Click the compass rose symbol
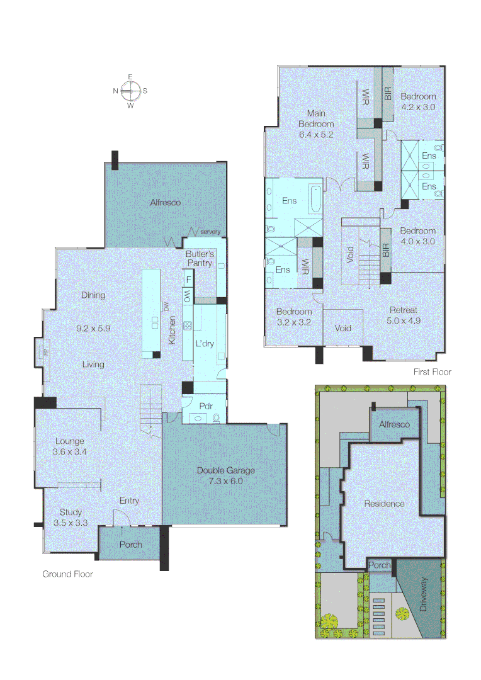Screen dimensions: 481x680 point(130,91)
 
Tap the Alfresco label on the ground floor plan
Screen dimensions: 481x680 point(165,203)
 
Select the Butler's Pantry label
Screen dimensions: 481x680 point(200,259)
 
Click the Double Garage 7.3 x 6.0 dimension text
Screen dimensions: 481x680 point(225,481)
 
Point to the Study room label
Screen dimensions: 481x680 point(71,512)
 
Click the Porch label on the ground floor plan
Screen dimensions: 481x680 point(130,544)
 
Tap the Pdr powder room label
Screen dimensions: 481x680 point(206,406)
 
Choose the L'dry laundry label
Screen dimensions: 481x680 point(205,344)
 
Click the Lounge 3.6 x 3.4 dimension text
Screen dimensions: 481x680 point(69,451)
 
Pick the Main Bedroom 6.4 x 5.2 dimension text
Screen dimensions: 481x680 point(316,135)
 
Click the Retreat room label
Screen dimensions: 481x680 point(404,310)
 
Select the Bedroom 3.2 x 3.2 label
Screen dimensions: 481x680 point(294,317)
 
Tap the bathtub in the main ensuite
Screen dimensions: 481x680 point(315,199)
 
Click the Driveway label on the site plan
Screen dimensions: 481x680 point(423,594)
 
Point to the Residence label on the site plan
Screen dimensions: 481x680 point(384,504)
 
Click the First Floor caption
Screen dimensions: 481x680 point(432,371)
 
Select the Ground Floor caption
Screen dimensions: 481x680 point(67,574)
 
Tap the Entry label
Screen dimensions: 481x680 point(129,501)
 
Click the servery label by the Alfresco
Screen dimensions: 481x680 point(210,232)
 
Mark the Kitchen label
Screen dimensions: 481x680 point(172,330)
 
